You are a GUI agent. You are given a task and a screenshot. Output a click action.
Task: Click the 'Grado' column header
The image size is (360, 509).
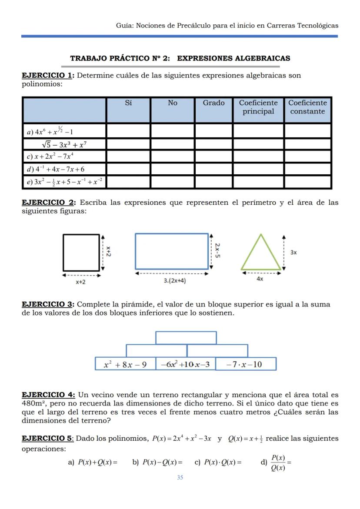213,103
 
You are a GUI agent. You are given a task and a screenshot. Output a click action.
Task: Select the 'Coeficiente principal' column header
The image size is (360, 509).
258,107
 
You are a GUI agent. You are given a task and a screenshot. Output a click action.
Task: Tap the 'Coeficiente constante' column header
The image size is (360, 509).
307,107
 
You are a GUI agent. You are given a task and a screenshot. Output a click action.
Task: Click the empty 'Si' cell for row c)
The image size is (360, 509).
128,156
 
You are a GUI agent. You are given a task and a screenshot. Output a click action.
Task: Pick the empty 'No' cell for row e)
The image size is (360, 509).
173,182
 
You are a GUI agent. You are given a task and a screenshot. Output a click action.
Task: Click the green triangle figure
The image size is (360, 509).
261,254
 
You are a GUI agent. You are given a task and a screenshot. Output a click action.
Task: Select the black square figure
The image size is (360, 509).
81,252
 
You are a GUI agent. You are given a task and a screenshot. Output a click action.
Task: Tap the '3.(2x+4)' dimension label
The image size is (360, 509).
175,281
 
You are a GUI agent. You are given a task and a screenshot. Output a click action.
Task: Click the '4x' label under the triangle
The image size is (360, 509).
260,279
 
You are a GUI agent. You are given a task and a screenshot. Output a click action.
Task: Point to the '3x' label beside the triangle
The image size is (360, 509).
293,252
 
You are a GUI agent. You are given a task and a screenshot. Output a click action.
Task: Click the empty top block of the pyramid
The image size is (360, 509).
186,338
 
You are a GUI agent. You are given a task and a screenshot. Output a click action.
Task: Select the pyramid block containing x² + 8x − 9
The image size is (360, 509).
125,364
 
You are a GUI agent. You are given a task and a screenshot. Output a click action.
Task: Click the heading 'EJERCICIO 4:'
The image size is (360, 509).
48,395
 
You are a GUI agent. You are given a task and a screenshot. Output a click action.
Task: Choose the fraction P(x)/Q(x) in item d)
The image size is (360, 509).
278,462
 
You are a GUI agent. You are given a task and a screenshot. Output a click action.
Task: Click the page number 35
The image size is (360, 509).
180,478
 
